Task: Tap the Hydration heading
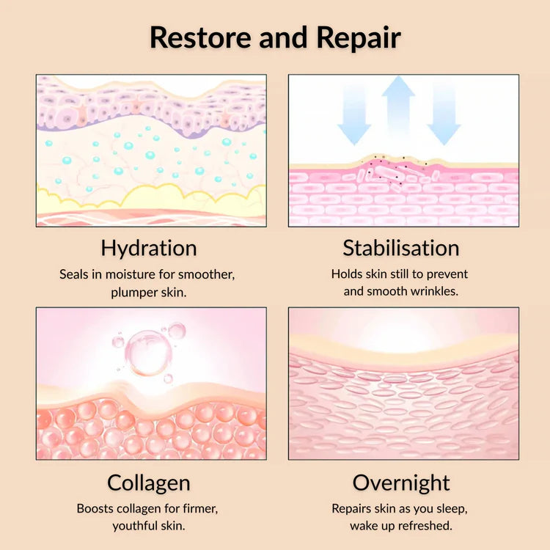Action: [149, 248]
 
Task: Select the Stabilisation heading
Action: [401, 248]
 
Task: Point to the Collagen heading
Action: [149, 483]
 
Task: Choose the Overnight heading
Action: [401, 483]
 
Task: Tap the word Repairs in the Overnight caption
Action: [353, 508]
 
